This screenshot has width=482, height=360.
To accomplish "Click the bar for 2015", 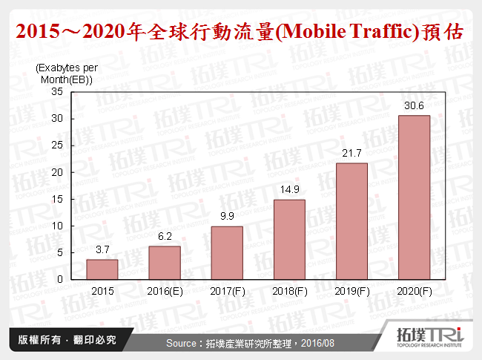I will pyautogui.click(x=102, y=269).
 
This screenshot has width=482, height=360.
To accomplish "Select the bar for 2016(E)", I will pyautogui.click(x=164, y=263).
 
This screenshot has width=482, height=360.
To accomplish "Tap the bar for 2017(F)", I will pyautogui.click(x=226, y=253).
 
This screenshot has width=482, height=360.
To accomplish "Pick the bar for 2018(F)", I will pyautogui.click(x=288, y=240).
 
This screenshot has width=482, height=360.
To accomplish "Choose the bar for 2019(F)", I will pyautogui.click(x=351, y=221).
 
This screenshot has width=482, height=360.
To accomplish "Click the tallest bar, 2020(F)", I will pyautogui.click(x=413, y=197).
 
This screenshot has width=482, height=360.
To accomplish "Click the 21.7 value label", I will pyautogui.click(x=351, y=154).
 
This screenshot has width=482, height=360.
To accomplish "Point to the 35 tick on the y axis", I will pyautogui.click(x=57, y=92).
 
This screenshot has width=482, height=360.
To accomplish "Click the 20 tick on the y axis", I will pyautogui.click(x=57, y=172).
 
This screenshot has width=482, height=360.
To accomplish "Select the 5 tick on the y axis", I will pyautogui.click(x=60, y=252).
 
